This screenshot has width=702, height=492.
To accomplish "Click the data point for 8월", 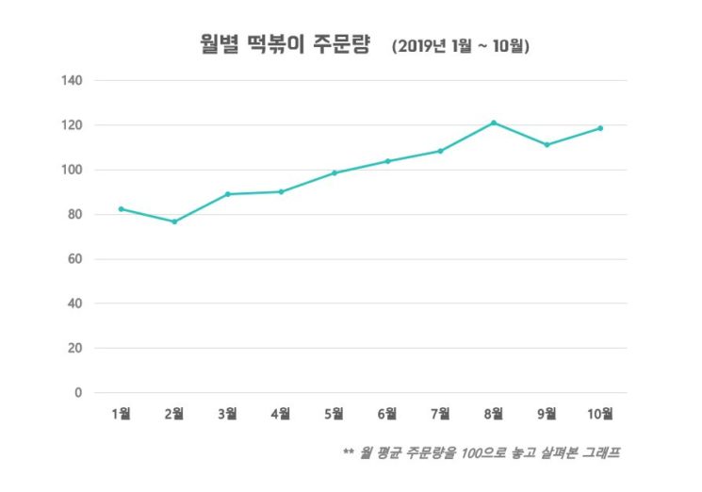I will point(493,123).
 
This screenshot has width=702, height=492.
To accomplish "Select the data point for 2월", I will point(174,221).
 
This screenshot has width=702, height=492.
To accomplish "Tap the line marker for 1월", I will point(121,209).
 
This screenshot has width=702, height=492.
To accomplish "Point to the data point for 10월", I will point(600,128).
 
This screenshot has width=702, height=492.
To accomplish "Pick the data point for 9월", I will point(547,145).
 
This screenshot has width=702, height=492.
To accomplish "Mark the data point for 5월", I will point(334,173).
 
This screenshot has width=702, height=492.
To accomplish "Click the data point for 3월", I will point(227,194).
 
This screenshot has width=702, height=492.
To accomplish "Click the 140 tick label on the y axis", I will point(74,81).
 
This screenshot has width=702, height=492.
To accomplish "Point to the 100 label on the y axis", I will point(74,171).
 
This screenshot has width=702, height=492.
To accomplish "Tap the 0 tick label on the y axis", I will point(79,393).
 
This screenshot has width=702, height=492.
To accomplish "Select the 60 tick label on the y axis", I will point(76,259).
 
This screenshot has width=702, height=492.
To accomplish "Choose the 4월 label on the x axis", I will point(281,414).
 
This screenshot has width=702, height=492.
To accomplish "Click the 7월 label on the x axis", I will point(440,414).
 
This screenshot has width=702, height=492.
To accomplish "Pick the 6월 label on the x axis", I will point(387,414).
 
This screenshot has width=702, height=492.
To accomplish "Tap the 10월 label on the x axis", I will point(600,414).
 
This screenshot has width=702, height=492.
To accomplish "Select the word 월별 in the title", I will point(220,43).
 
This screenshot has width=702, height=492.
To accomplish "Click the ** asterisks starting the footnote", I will point(349,453).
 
